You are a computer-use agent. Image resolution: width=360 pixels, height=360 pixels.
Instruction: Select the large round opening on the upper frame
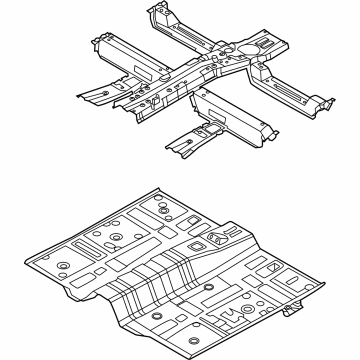[246, 45]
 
